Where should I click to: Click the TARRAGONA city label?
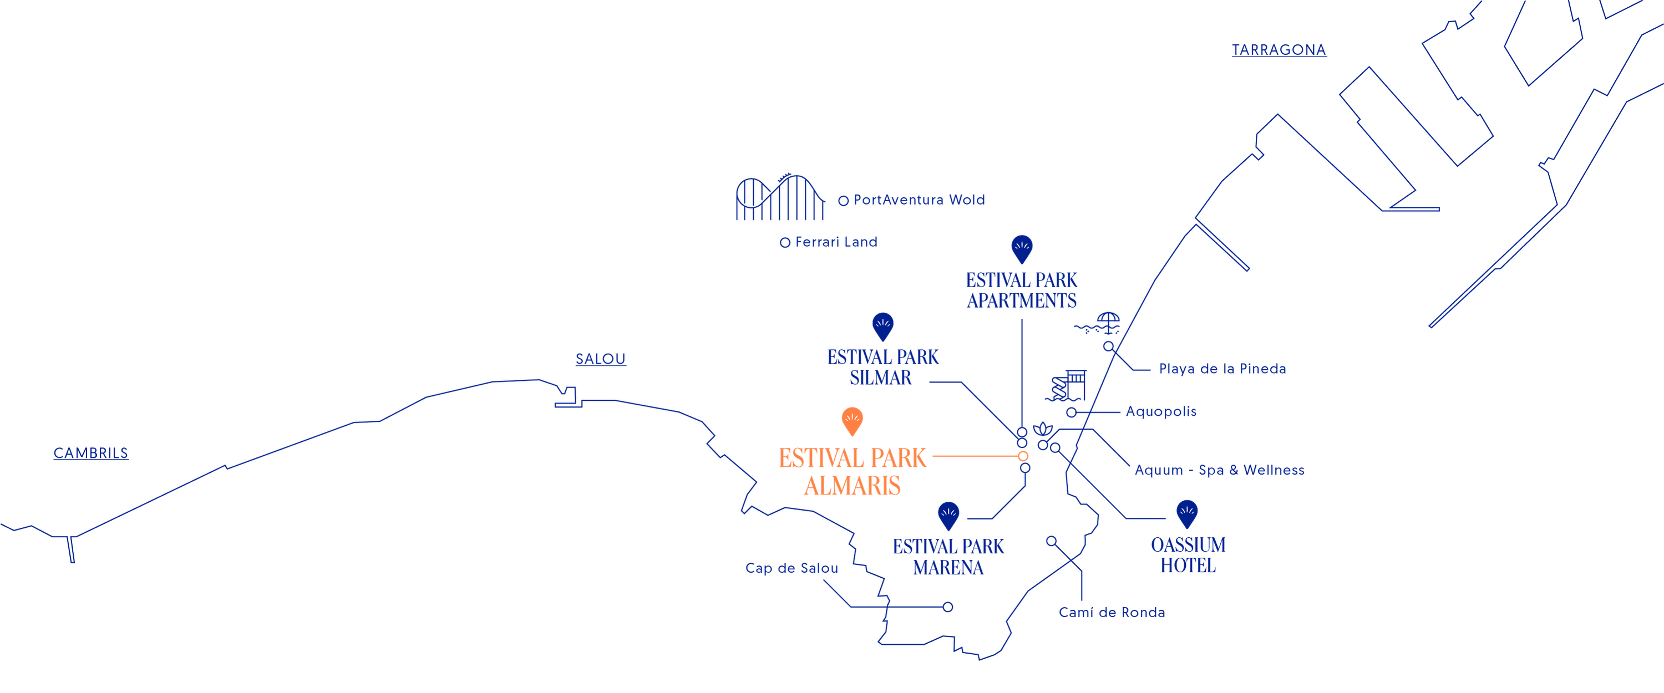click(x=1279, y=50)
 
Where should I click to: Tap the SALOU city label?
click(x=601, y=359)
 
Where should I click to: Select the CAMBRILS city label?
click(x=91, y=453)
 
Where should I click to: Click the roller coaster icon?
click(x=780, y=197)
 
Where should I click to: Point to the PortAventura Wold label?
click(x=919, y=200)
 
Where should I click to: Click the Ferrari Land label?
click(x=836, y=242)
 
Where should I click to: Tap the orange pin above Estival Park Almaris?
click(x=853, y=421)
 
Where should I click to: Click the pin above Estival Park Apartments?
click(x=1022, y=249)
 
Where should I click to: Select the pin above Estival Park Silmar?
click(x=883, y=327)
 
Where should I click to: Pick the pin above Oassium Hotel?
click(x=1188, y=514)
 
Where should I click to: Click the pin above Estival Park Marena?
click(x=948, y=516)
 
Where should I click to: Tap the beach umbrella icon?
click(x=1098, y=323)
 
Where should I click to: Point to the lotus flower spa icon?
click(x=1043, y=429)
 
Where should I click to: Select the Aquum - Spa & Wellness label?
click(x=1220, y=470)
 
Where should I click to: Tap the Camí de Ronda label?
click(x=1112, y=612)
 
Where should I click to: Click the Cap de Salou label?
click(x=792, y=568)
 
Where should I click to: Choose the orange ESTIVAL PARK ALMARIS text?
click(x=853, y=471)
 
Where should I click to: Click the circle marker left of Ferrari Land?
click(x=785, y=243)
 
